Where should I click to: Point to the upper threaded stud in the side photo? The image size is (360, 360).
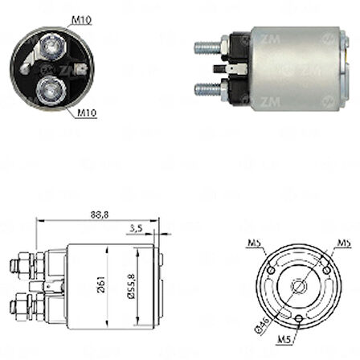click(207, 47)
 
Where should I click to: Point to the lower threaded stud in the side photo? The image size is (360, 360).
click(207, 88)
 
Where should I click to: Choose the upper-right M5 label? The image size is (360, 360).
click(343, 242)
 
